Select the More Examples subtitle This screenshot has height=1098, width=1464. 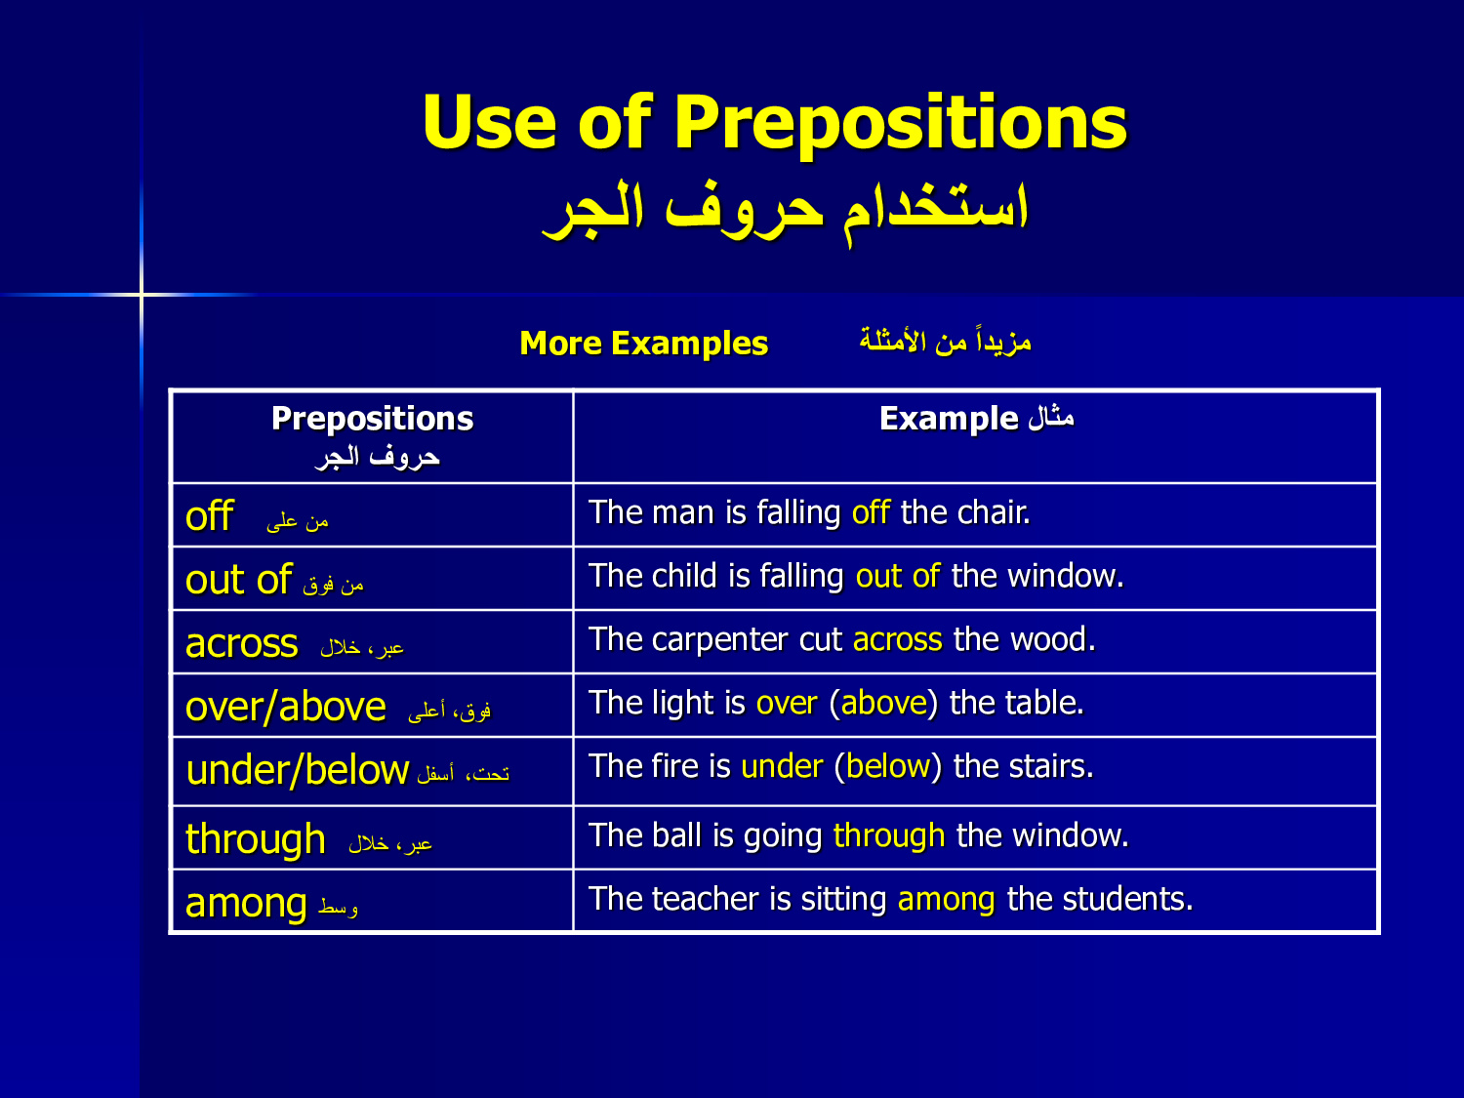[643, 344]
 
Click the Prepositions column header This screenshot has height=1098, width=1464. [372, 420]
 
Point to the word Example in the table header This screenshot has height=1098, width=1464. [949, 420]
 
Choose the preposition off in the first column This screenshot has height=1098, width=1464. [210, 515]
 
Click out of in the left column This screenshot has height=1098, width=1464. [239, 579]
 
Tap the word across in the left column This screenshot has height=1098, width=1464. [241, 643]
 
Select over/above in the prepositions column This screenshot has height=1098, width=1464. [285, 707]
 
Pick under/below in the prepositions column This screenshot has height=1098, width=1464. [298, 770]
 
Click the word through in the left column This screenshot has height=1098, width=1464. [256, 838]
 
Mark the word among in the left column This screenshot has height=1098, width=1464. [246, 904]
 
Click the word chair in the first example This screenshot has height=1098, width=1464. [994, 512]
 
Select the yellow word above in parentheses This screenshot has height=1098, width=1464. [883, 703]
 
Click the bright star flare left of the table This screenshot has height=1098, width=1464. [142, 294]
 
